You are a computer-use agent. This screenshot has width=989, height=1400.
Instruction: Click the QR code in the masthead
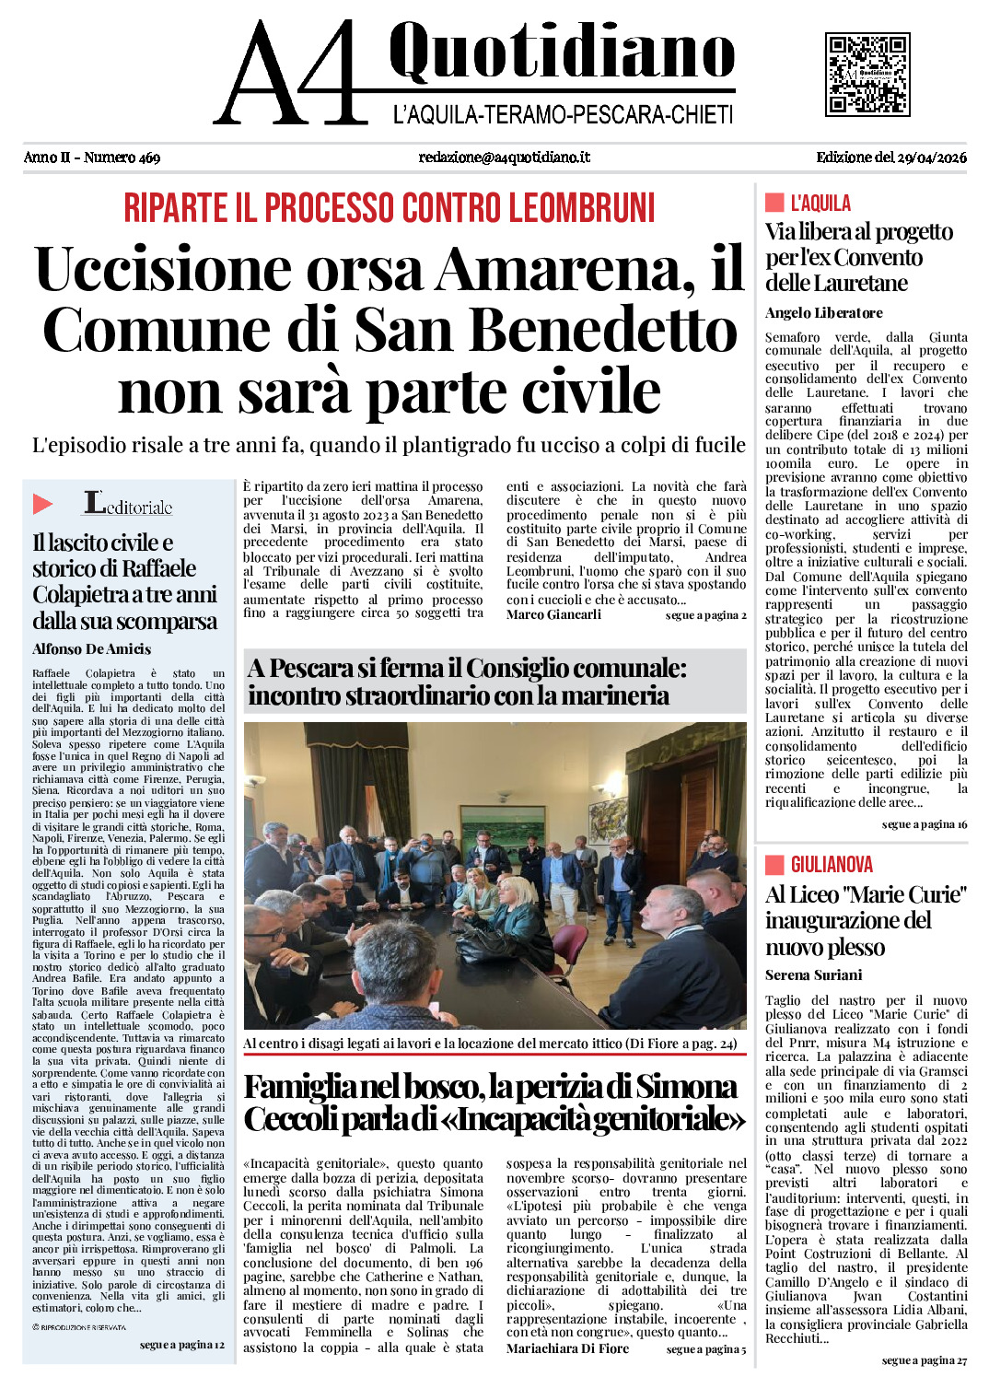coord(867,74)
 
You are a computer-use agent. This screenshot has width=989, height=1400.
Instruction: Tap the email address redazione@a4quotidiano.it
coord(504,157)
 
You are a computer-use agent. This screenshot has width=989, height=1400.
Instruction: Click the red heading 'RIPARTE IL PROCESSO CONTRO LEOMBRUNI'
coord(390,208)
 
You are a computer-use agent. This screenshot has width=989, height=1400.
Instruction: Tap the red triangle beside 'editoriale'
coord(42,504)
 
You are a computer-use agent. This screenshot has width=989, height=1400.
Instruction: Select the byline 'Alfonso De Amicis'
coord(91,649)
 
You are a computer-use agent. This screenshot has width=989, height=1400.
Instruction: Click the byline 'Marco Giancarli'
coord(553,614)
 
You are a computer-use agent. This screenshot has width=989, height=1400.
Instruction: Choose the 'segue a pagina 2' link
coord(705,615)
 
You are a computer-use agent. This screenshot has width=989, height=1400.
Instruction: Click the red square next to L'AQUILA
coord(774,203)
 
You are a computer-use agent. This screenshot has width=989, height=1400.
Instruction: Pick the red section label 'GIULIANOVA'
coord(831,864)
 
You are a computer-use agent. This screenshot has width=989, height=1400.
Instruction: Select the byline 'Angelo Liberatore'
coord(823,313)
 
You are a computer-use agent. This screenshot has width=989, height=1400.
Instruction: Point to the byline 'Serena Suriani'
coord(813,975)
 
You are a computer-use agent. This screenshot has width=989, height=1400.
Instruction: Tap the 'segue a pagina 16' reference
coord(924,824)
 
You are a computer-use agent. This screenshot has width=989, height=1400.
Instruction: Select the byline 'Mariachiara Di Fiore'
coord(567,1348)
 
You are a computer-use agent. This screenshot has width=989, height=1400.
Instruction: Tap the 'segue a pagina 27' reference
coord(924,1360)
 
